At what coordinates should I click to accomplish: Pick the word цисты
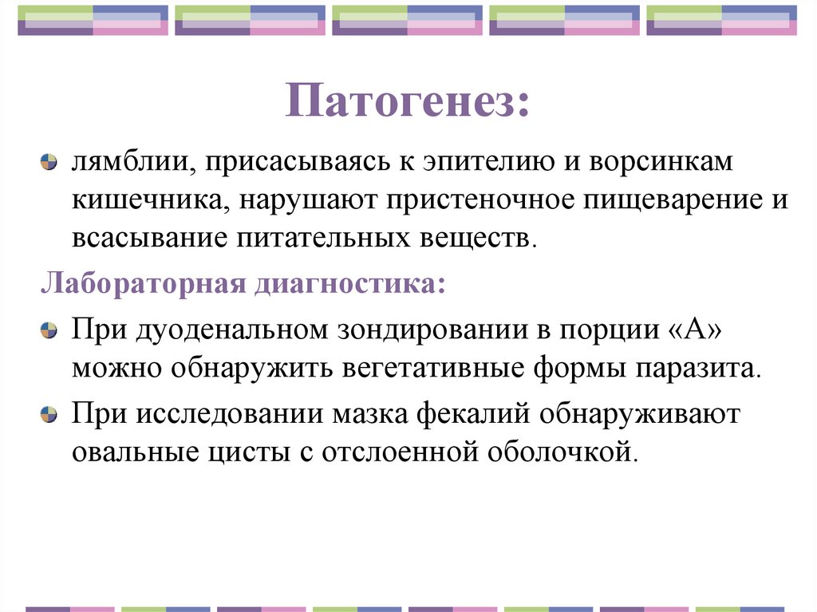252,452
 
